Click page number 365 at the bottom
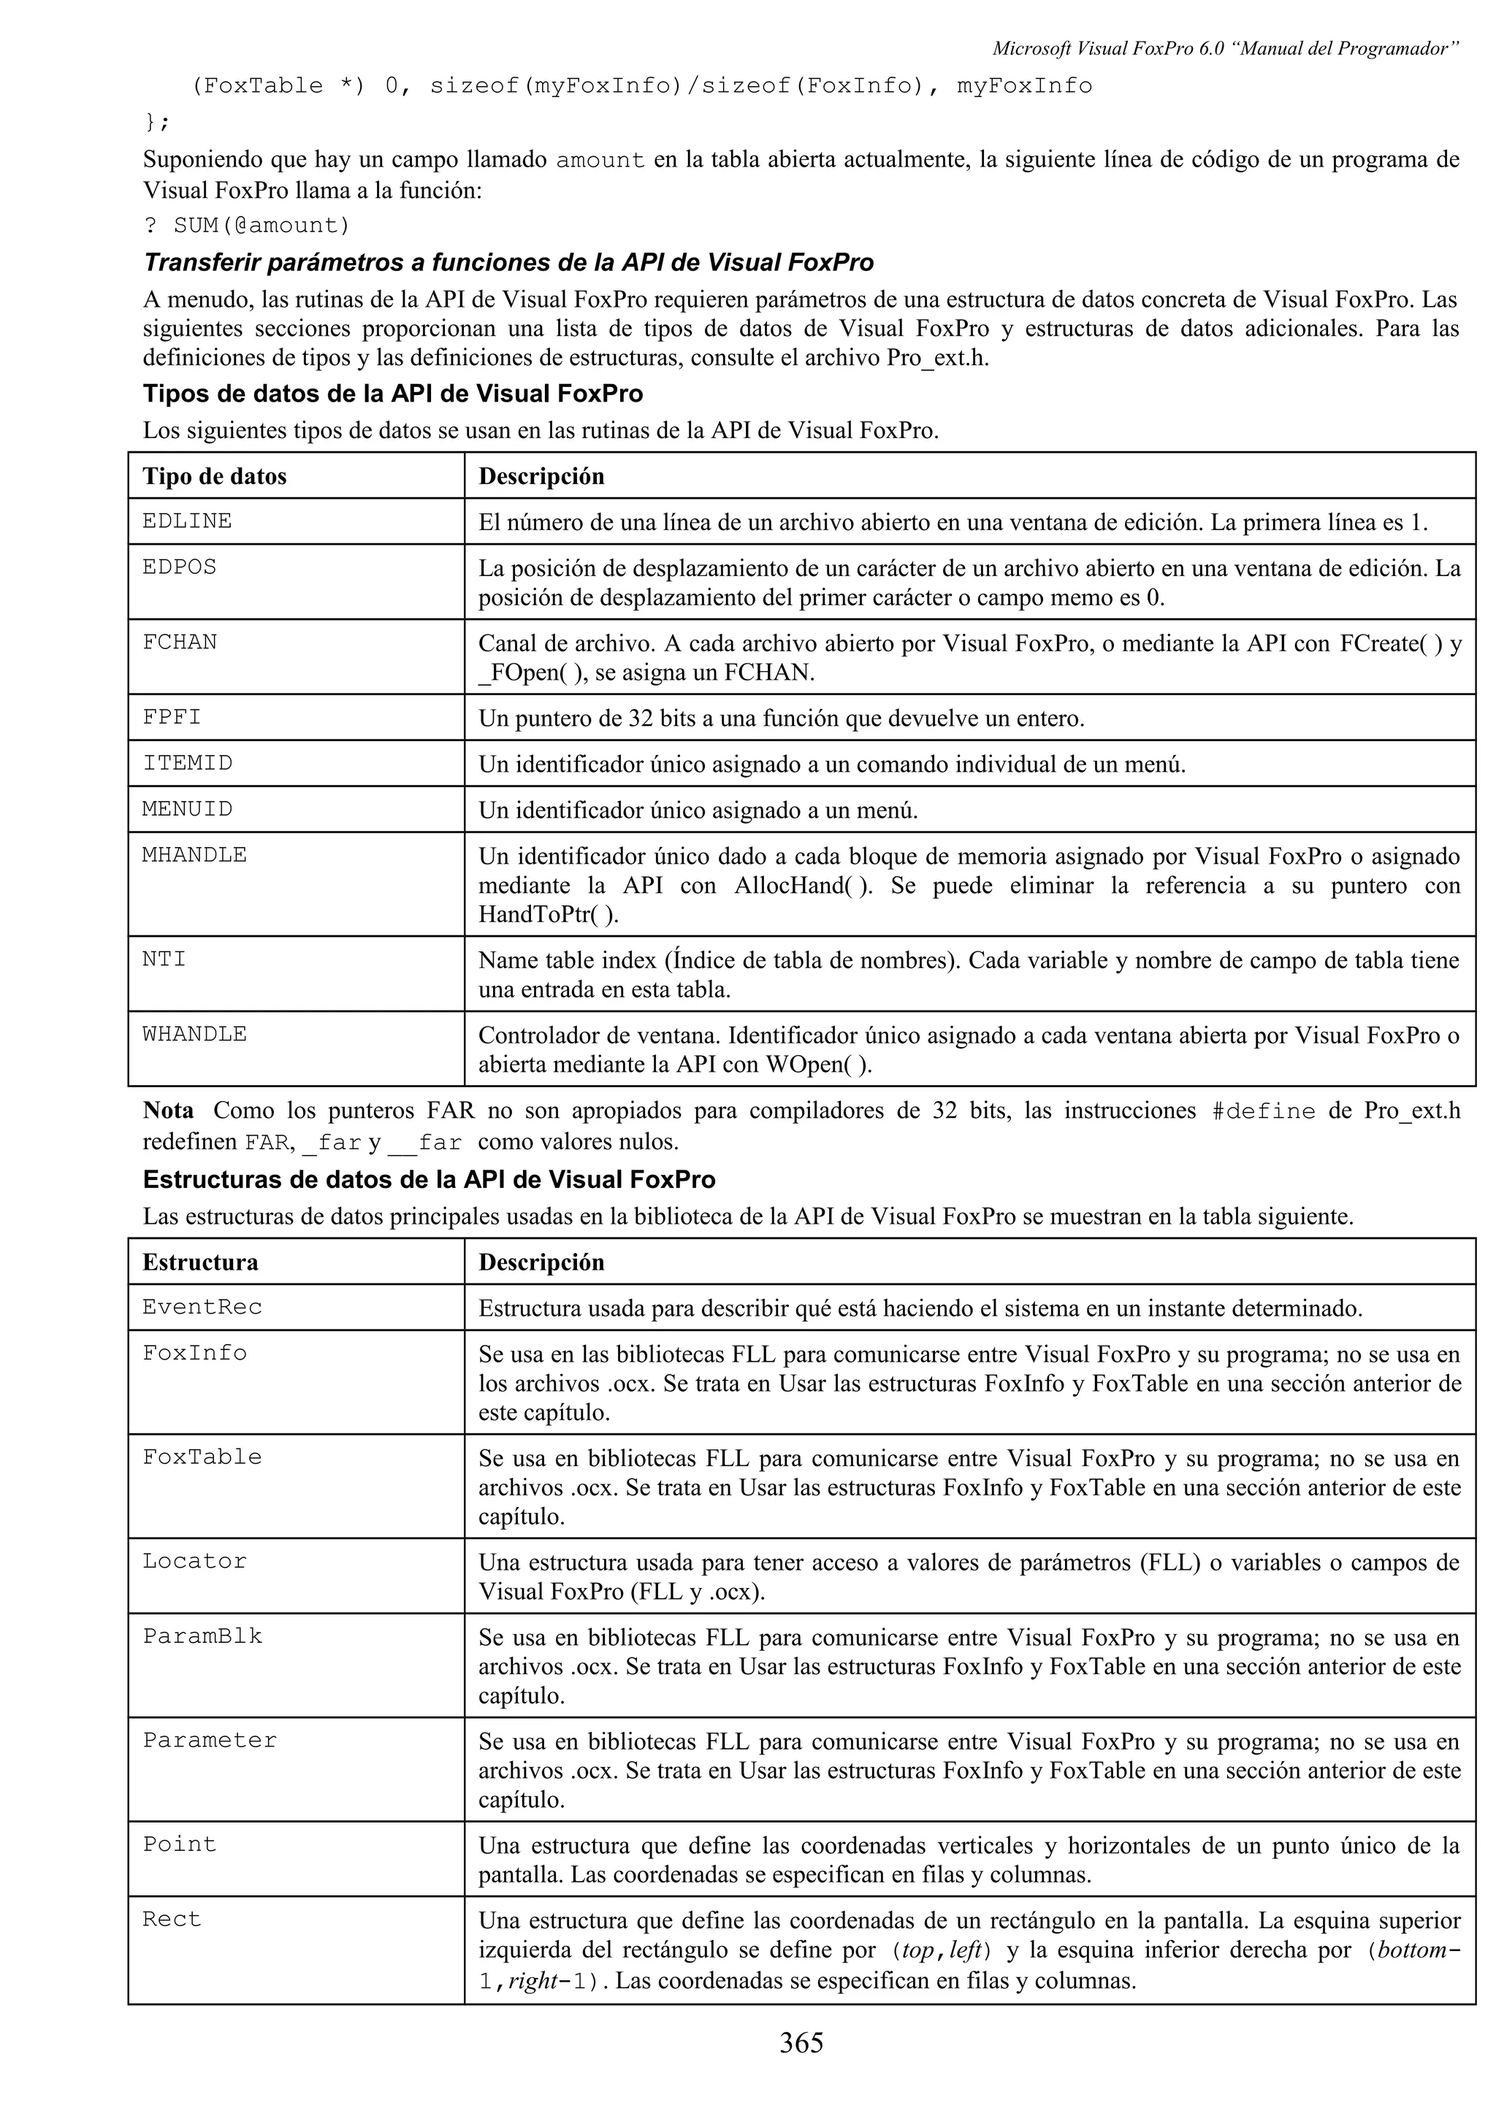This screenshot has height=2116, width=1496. point(801,2043)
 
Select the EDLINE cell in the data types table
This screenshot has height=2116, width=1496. point(187,521)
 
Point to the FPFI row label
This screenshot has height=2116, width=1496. point(172,716)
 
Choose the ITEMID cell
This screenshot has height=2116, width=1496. point(187,763)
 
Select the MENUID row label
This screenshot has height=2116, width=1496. point(187,808)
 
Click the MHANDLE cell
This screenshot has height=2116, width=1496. point(194,854)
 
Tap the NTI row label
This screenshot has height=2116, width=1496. point(164,959)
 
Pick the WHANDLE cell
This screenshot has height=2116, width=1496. point(194,1034)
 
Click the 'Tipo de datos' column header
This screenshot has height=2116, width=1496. point(214,477)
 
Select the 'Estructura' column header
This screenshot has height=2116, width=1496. point(200,1262)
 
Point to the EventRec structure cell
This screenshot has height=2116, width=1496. point(202,1307)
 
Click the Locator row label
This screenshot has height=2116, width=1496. point(194,1561)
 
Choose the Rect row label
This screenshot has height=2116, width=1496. point(172,1920)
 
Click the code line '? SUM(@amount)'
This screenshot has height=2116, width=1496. point(247,225)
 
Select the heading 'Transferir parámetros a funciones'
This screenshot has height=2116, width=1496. point(508,263)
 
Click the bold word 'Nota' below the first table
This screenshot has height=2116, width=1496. point(168,1111)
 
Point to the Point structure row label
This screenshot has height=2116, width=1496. point(179,1844)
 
